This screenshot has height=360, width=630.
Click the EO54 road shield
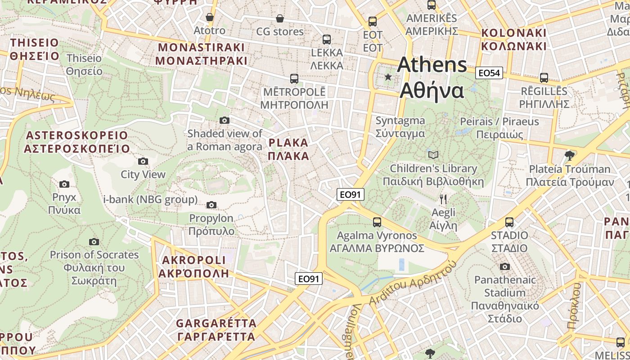(x=489, y=73)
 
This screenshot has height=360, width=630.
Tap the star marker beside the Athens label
(x=388, y=77)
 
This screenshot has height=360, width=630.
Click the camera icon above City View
(x=143, y=161)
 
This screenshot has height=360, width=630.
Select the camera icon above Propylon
(x=211, y=205)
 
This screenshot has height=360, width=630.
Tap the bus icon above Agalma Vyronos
(x=377, y=222)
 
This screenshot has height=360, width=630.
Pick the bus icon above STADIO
(x=509, y=222)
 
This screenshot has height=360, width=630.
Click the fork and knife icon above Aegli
(x=443, y=199)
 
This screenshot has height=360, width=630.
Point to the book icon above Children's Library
(x=433, y=155)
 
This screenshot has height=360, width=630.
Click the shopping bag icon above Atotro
(x=209, y=18)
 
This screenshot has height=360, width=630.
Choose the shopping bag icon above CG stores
(x=280, y=18)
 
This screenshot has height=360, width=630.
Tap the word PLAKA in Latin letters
(x=288, y=143)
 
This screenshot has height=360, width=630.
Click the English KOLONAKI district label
(x=513, y=33)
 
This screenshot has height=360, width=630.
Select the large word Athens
(x=432, y=65)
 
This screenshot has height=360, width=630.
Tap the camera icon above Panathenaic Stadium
(x=505, y=266)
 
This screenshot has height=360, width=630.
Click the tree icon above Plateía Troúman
(x=570, y=156)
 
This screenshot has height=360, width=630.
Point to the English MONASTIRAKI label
(x=201, y=48)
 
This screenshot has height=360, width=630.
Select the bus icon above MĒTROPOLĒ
(x=294, y=79)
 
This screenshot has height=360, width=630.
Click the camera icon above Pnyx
(x=64, y=184)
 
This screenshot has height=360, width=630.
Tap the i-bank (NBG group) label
(x=150, y=199)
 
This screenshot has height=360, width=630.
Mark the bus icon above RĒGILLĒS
(x=544, y=78)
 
